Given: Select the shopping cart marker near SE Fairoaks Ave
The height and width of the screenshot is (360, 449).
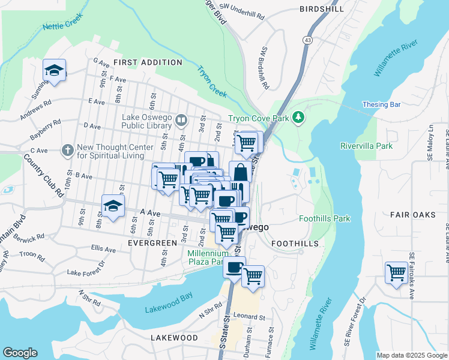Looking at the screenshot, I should [396, 273].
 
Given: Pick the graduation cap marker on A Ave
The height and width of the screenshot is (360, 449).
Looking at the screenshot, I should [113, 206].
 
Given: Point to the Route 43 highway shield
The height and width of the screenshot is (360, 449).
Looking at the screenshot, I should [307, 40].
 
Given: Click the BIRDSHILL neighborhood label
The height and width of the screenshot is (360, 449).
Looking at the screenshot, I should [322, 9].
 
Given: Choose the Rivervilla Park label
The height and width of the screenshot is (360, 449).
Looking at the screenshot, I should [366, 146].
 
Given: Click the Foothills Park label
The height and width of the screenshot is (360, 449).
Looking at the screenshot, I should [325, 219].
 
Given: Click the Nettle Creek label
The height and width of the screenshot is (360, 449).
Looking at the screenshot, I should [61, 26].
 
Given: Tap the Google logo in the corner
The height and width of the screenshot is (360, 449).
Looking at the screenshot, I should [20, 353].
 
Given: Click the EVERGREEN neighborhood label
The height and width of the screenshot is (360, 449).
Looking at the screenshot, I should [152, 243].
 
